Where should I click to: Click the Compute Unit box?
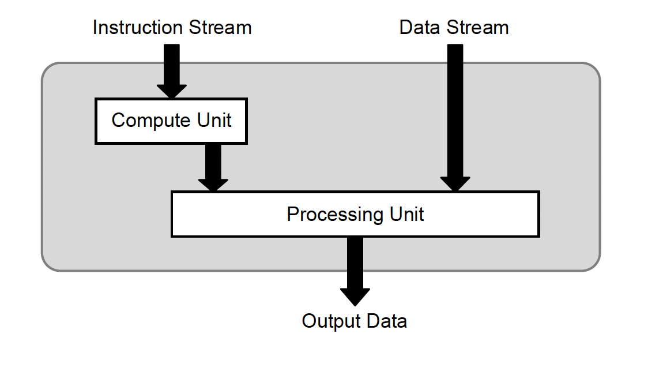point(171,121)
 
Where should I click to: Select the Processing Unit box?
point(355,215)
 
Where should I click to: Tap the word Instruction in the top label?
point(131,28)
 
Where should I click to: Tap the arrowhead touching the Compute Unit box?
point(172,91)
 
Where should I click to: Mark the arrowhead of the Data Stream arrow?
point(455,183)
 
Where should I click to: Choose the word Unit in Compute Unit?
point(214,121)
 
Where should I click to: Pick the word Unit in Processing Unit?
point(407,215)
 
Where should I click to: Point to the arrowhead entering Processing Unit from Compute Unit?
point(213,184)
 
